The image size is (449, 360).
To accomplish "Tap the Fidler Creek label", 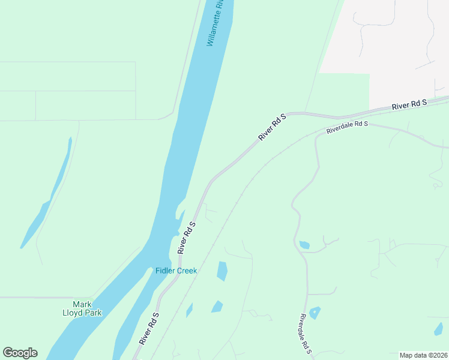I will click(176, 271).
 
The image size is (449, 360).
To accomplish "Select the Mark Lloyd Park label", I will click(83, 308).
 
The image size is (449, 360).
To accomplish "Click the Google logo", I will click(20, 353).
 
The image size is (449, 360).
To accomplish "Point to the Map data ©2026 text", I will click(423, 355).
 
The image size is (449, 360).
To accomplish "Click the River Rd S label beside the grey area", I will click(409, 104).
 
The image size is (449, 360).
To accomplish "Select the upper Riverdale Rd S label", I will click(347, 127).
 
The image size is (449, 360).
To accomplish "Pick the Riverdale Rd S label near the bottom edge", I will click(306, 334).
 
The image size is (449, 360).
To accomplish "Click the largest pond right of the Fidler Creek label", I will click(222, 271).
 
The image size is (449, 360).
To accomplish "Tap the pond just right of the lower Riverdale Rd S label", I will click(315, 313).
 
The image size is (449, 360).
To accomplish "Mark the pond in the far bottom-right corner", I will click(439, 328).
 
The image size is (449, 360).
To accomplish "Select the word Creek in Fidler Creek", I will click(187, 271).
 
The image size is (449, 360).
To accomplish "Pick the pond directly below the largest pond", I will click(217, 307).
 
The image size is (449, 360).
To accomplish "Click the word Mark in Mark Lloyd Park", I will click(82, 304).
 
